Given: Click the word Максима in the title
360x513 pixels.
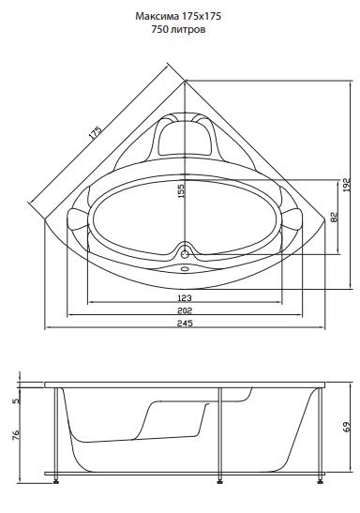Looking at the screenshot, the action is [157, 16].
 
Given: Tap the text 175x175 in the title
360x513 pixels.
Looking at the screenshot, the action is [201, 16].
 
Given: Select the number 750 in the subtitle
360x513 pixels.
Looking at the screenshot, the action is [159, 29].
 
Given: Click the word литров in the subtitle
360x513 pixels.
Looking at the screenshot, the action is [188, 30].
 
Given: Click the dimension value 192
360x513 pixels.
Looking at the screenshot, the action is [346, 185].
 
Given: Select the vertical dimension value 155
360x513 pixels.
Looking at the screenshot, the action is [181, 191].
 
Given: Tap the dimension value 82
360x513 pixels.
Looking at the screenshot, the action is [334, 218].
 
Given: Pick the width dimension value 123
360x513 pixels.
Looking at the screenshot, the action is [185, 297].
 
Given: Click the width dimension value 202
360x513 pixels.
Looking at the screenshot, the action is [185, 310].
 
